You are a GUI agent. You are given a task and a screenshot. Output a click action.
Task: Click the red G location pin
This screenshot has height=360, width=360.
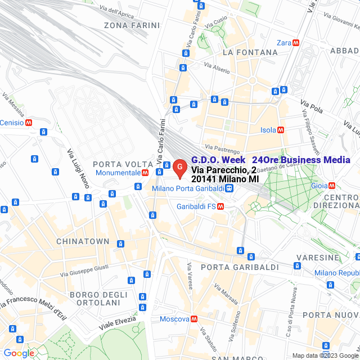[179, 167]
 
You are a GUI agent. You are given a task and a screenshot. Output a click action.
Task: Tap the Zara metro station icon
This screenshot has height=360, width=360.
[296, 43]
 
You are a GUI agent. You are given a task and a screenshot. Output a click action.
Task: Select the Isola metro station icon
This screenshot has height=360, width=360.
[281, 130]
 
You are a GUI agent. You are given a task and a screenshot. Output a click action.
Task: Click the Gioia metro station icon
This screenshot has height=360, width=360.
[332, 185]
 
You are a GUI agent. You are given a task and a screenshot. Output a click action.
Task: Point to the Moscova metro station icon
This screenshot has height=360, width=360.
[193, 319]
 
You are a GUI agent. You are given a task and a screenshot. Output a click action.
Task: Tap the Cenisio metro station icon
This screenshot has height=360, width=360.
[28, 123]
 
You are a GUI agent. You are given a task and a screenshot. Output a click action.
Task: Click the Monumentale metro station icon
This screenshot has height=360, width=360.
[145, 173]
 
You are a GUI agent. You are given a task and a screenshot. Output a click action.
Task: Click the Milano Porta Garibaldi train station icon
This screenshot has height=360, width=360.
[229, 188]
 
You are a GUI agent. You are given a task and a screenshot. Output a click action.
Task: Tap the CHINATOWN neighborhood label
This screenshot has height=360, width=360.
[83, 241]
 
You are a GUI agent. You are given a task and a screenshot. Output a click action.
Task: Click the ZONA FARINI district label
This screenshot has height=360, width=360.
[132, 25]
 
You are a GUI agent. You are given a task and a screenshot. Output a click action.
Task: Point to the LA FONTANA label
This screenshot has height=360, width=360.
[250, 52]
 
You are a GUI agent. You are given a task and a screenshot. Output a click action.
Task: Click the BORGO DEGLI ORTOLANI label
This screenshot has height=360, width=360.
[95, 299]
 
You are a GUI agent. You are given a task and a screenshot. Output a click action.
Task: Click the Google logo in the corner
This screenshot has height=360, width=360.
[18, 353]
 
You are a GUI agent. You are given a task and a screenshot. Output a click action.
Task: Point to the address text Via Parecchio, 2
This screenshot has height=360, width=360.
[223, 170]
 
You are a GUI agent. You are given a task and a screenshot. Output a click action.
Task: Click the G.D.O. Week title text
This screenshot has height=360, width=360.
[218, 160]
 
